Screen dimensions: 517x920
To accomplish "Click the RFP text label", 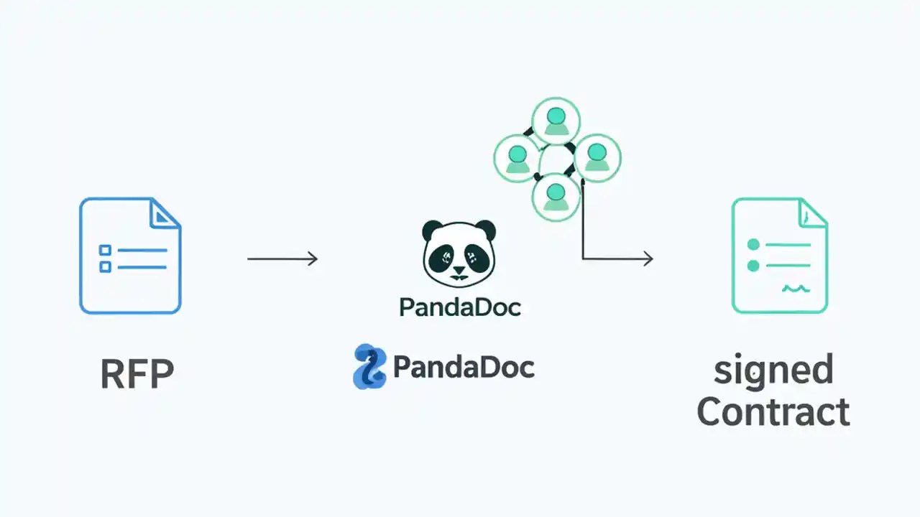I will click(137, 374).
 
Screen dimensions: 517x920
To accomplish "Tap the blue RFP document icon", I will click(130, 256).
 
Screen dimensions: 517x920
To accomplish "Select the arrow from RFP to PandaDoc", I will click(282, 258).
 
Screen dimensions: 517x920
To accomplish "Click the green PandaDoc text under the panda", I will click(460, 307).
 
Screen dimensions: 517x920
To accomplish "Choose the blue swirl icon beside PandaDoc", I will click(370, 366).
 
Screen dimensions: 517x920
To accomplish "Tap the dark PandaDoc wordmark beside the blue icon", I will click(464, 367).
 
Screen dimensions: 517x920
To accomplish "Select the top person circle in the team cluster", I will click(556, 121).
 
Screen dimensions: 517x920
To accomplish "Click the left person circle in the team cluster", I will click(517, 158).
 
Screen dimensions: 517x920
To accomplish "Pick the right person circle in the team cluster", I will click(597, 158).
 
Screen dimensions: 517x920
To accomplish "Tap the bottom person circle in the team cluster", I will click(556, 196).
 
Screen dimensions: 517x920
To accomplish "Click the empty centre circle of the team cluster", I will click(556, 159).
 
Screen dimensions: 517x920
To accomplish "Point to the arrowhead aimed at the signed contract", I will click(648, 258).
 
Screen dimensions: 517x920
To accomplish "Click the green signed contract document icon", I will click(779, 256).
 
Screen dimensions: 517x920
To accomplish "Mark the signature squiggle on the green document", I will click(796, 289).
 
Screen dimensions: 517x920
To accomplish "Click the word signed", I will click(773, 371).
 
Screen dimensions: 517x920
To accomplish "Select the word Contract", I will click(773, 412).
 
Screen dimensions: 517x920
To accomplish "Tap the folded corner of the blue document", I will click(165, 213).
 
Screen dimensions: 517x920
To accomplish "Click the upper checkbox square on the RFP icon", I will click(106, 250).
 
